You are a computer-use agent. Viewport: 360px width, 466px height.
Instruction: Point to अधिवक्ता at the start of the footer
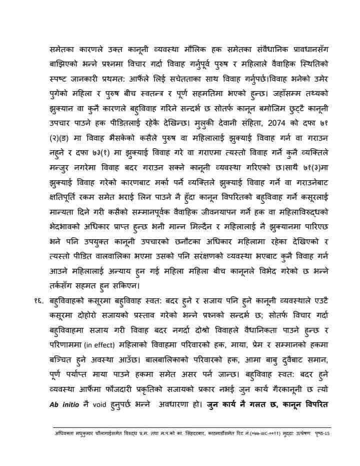[x=66, y=432]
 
